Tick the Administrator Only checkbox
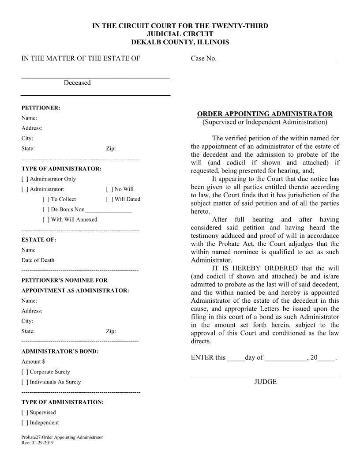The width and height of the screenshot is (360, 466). [x=25, y=179]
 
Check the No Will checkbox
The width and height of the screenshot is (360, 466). [x=109, y=189]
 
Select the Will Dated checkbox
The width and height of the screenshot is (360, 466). [x=109, y=199]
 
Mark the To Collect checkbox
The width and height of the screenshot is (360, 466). [x=46, y=199]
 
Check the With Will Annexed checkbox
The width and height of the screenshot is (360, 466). [x=46, y=220]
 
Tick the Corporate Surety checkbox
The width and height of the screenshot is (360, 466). [x=25, y=372]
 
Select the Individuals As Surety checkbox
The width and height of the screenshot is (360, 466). [x=25, y=382]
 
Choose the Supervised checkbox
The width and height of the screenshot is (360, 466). [x=25, y=413]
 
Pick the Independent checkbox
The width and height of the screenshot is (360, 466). [x=25, y=423]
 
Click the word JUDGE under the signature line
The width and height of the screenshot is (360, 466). [x=265, y=382]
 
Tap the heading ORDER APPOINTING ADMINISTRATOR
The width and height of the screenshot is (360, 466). [x=265, y=114]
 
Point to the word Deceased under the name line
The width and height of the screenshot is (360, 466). [x=77, y=83]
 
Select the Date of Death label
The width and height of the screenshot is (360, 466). [x=38, y=260]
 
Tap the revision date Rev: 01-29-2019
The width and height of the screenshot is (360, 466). [x=37, y=443]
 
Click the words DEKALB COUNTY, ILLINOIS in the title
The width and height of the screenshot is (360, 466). [x=180, y=42]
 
